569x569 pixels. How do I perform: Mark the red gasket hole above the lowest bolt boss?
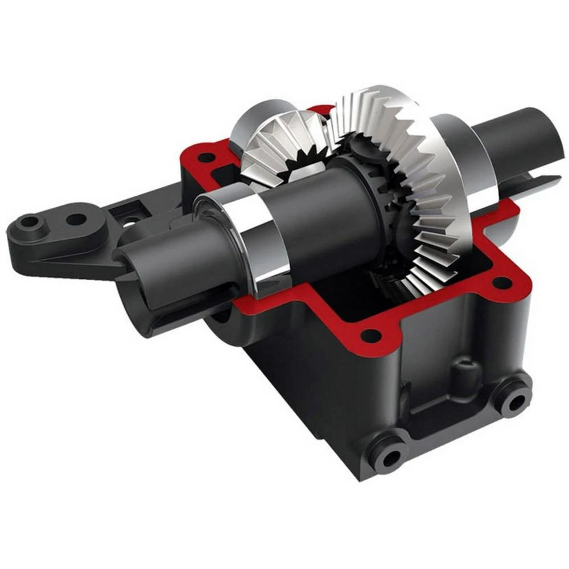tap(370, 335)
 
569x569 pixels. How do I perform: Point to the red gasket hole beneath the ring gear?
tap(501, 282)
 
